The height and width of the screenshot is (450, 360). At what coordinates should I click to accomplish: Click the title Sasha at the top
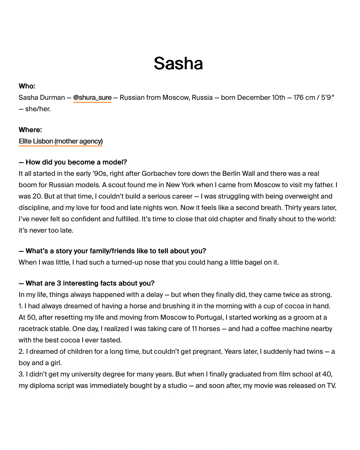pyautogui.click(x=178, y=64)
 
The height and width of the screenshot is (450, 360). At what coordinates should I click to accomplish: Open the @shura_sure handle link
pyautogui.click(x=92, y=98)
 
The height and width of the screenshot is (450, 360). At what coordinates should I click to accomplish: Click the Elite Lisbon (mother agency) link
pyautogui.click(x=61, y=141)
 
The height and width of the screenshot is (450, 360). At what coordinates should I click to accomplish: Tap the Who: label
pyautogui.click(x=27, y=86)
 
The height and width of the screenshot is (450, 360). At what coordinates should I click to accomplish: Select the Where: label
pyautogui.click(x=30, y=130)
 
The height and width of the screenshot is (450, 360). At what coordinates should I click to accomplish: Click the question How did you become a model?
pyautogui.click(x=76, y=162)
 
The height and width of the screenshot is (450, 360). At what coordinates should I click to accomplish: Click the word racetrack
pyautogui.click(x=34, y=329)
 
